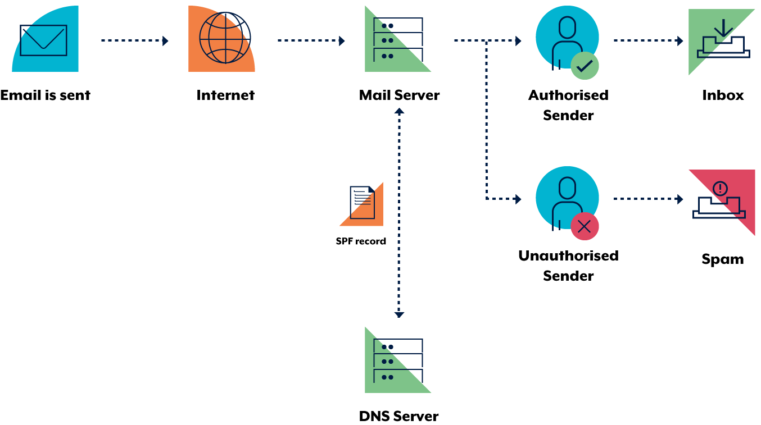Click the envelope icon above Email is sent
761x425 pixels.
click(x=43, y=40)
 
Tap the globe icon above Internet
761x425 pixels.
click(x=225, y=38)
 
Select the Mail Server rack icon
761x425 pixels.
click(x=398, y=40)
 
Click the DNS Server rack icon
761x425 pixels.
click(x=398, y=361)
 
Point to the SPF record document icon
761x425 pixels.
click(x=362, y=203)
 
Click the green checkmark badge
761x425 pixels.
click(x=585, y=66)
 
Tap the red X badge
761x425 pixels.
click(x=585, y=226)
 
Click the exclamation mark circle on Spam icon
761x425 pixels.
click(x=720, y=189)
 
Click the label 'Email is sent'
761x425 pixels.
click(x=45, y=95)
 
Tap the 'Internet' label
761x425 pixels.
click(x=225, y=95)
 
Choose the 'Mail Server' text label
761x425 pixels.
click(x=399, y=95)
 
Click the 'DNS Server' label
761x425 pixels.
click(x=398, y=416)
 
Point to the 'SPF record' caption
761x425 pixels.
click(x=361, y=241)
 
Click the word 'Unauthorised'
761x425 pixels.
click(x=568, y=255)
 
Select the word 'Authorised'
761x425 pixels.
click(x=568, y=95)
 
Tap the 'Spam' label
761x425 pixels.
click(x=723, y=259)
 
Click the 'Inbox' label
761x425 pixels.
click(x=723, y=95)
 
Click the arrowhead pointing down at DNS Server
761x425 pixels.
click(x=399, y=314)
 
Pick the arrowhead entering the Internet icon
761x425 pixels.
click(x=165, y=41)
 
